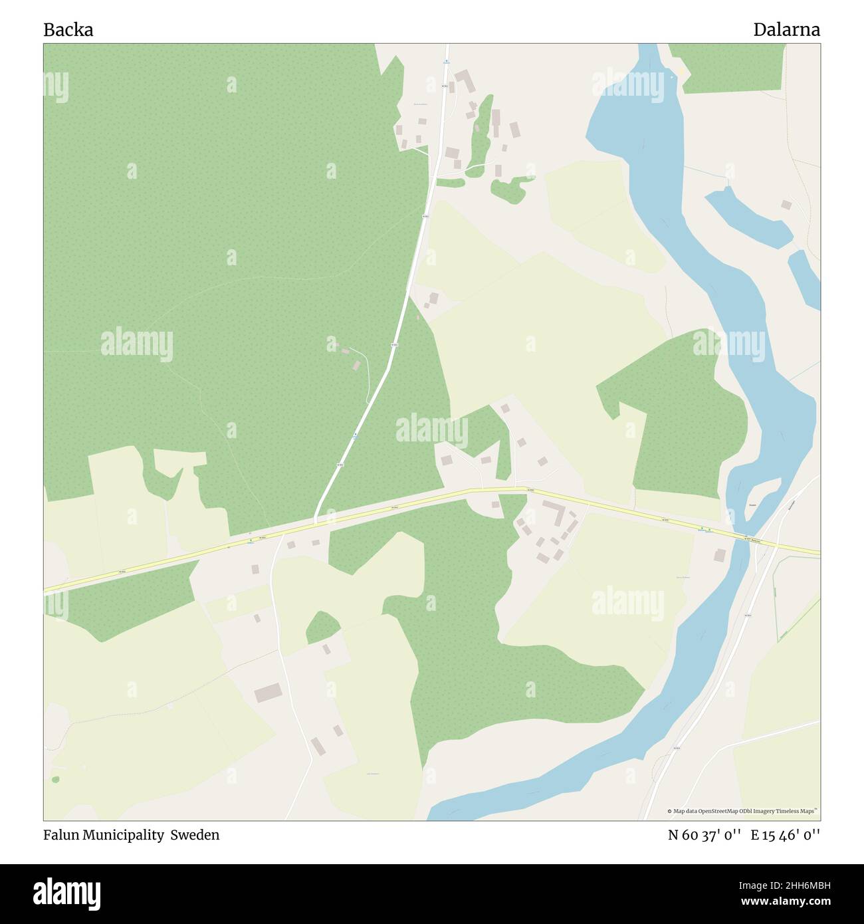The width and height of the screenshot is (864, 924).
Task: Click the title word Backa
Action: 68,30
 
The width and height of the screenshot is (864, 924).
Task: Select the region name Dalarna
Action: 786,30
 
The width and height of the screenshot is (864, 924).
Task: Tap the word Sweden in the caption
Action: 195,835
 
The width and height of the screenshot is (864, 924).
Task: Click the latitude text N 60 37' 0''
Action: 704,835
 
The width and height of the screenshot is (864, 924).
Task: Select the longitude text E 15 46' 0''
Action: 786,835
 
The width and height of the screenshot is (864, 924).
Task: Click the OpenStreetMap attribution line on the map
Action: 744,811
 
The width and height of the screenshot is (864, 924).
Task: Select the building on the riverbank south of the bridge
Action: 720,554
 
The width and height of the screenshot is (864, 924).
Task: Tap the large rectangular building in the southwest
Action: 268,693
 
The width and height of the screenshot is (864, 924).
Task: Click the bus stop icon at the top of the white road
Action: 447,62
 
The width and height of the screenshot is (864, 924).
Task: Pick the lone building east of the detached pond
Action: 786,205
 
